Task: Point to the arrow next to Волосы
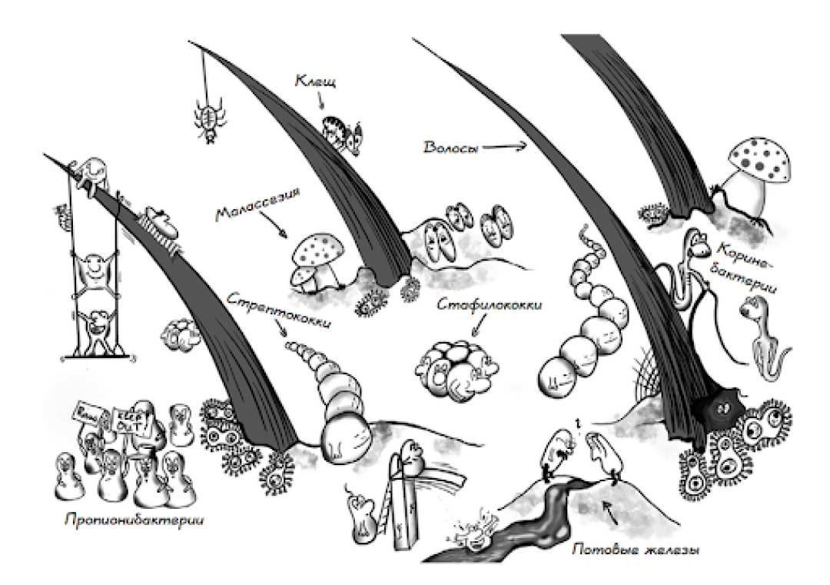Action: point(508,146)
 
